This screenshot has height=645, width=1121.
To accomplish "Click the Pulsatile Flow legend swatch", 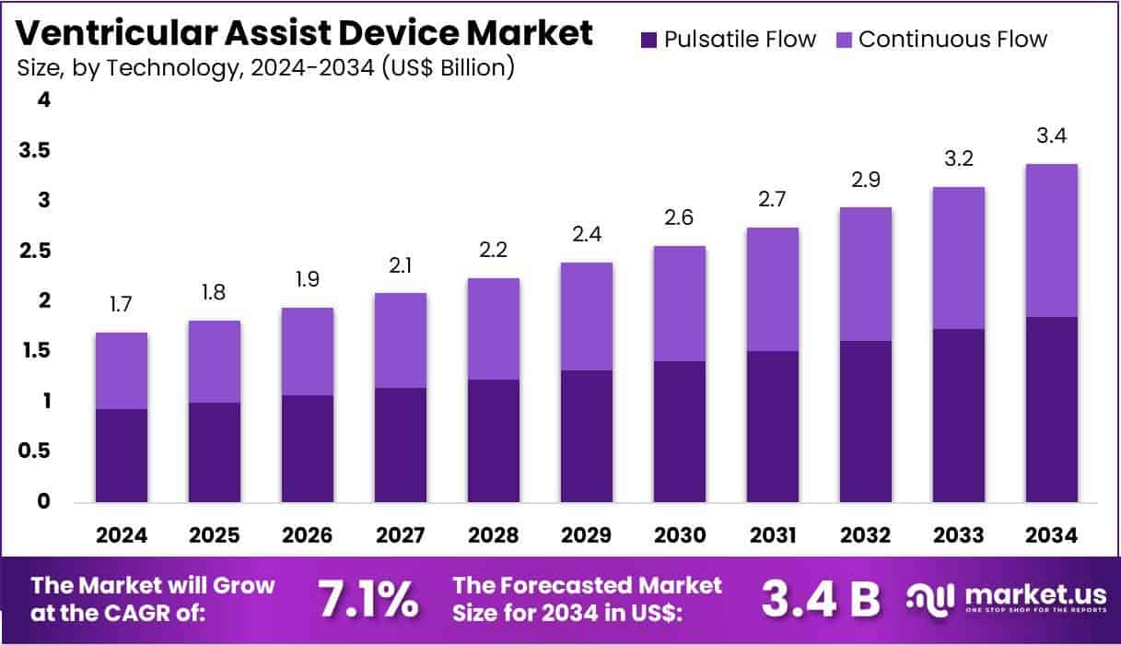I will coord(648,40).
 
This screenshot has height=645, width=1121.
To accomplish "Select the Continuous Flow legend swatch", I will coord(844,40).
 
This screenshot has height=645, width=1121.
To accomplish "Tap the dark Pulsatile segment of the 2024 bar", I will coord(122,455).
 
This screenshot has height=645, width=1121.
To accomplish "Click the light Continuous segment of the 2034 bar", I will coord(1052,240).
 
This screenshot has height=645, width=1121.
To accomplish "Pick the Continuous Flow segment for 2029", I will coord(587,316).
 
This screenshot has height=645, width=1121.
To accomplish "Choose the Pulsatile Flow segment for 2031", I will coord(772,426).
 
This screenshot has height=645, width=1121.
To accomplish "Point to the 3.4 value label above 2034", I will coord(1052,136).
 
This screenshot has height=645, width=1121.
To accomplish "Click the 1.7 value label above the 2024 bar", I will coord(122,305).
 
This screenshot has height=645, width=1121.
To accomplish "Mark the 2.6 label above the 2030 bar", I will coord(680,218).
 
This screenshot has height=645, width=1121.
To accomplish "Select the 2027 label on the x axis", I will coord(401,534).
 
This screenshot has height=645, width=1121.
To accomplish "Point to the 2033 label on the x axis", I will coord(958,534).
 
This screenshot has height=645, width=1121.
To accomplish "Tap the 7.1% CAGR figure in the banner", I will coord(367,599).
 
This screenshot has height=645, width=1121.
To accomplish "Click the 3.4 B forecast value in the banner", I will coord(821,599).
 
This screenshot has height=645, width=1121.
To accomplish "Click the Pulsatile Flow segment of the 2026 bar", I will coord(308,449).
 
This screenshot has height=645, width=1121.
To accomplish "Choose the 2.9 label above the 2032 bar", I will coord(866,180).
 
